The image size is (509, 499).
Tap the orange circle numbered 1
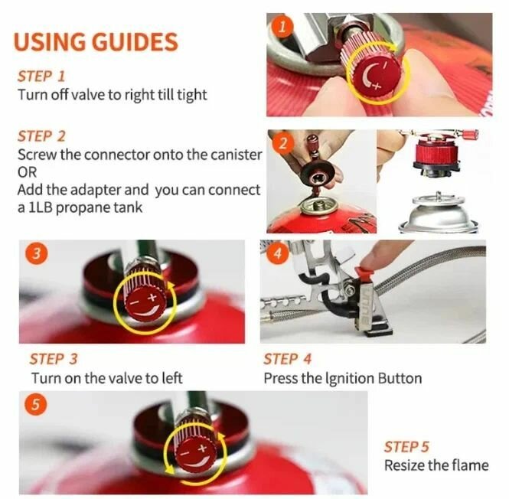click(x=282, y=26)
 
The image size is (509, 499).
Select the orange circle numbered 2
click(x=283, y=143)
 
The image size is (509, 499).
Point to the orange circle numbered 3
click(x=37, y=253)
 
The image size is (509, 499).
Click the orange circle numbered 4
click(x=278, y=253)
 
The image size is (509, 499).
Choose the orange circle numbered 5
click(x=36, y=405)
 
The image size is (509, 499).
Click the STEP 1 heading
click(x=41, y=77)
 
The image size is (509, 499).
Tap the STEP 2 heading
click(x=41, y=136)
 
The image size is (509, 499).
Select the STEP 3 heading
click(x=54, y=359)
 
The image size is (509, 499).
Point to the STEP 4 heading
click(x=287, y=359)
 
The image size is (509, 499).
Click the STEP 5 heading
click(x=406, y=447)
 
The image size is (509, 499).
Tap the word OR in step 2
click(x=27, y=172)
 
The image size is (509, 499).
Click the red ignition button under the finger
click(x=364, y=273)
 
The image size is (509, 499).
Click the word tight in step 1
click(x=192, y=95)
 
